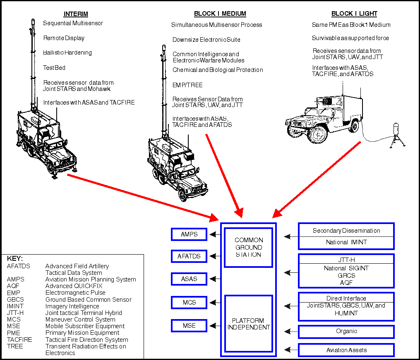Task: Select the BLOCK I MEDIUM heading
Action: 220,14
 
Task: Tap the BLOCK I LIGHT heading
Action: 354,14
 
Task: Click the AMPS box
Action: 189,234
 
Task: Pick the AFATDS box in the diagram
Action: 189,256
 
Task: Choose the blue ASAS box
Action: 189,279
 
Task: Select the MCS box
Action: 189,302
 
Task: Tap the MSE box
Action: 189,326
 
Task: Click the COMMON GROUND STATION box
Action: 249,247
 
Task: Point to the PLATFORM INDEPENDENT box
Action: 249,323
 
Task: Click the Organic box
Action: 346,331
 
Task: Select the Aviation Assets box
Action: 346,350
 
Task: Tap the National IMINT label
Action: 346,243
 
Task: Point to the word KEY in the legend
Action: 15,259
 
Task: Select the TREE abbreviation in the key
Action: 15,346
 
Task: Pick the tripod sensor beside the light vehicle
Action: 395,134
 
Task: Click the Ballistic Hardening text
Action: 67,53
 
